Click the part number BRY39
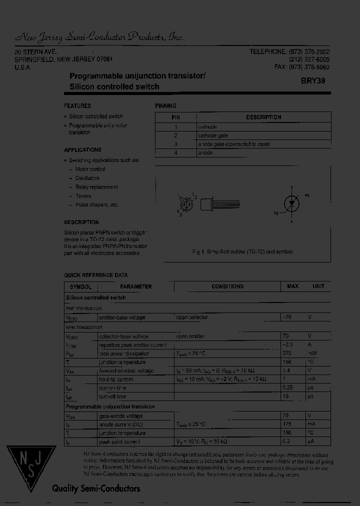(313, 80)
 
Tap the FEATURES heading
(77, 106)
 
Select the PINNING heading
(166, 106)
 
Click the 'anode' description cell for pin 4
(205, 153)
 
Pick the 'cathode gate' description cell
(213, 135)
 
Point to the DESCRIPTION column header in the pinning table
(263, 117)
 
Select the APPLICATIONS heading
(82, 150)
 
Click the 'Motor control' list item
(90, 169)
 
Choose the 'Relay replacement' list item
(96, 187)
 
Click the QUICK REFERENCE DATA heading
(96, 275)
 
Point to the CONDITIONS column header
(227, 286)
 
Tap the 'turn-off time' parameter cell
(112, 396)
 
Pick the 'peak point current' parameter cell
(119, 442)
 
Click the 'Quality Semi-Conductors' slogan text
(96, 489)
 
